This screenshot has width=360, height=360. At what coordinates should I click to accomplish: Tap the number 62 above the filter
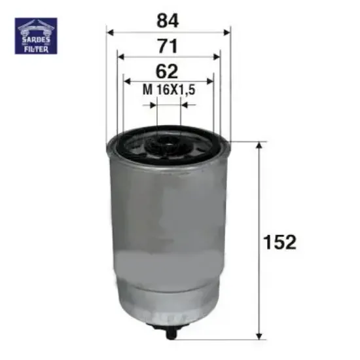click(x=169, y=71)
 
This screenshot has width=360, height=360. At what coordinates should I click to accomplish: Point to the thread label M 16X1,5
click(x=170, y=91)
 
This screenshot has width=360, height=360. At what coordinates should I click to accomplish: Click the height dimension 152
click(x=281, y=242)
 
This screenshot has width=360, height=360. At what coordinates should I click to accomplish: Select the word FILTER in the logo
click(x=36, y=48)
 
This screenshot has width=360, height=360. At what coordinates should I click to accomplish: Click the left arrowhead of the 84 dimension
click(x=111, y=31)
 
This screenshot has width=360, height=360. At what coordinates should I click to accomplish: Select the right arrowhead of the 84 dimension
click(x=227, y=31)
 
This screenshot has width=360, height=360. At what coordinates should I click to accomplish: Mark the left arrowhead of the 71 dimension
click(x=120, y=57)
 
